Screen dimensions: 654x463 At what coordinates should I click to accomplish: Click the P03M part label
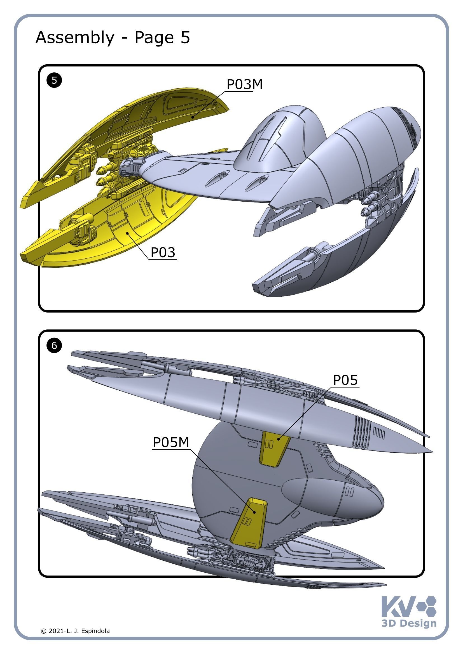point(244,85)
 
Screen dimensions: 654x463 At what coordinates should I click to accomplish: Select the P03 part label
point(163,252)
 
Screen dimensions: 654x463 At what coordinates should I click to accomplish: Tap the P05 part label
point(345,380)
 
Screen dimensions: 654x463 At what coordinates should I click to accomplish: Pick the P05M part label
point(171,442)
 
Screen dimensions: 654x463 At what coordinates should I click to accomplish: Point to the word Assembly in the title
point(75,37)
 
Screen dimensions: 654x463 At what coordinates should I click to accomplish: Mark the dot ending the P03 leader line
point(128,233)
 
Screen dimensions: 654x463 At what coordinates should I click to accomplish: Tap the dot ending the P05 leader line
point(279,439)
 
